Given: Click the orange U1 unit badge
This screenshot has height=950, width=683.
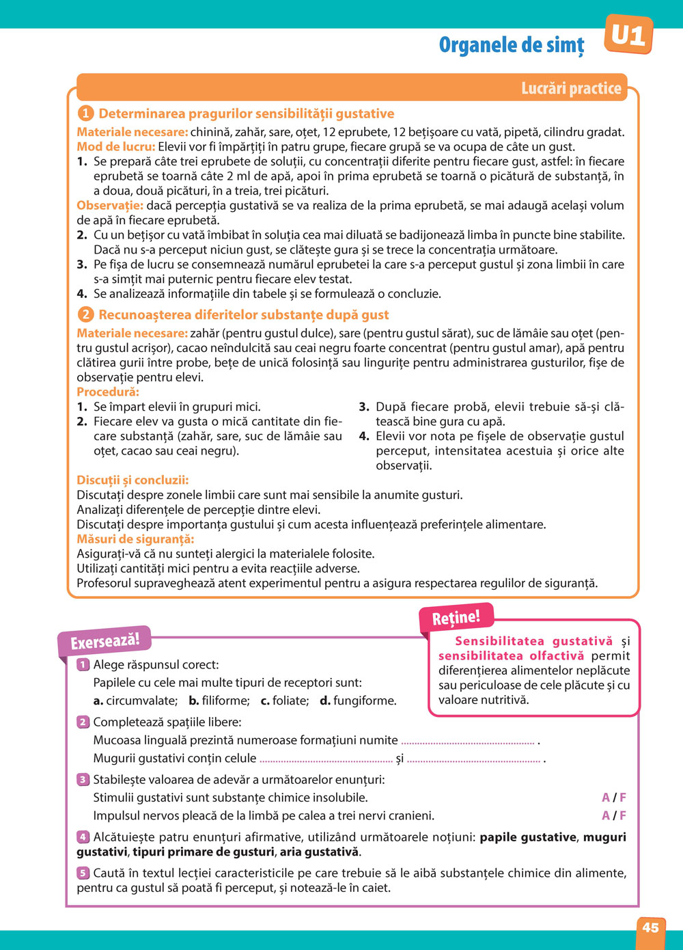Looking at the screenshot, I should (x=628, y=35).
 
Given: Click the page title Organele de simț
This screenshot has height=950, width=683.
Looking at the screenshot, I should (x=512, y=45).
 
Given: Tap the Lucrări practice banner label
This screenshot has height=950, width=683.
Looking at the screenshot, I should (x=571, y=88).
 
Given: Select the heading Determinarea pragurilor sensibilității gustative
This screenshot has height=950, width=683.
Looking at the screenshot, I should (x=246, y=113).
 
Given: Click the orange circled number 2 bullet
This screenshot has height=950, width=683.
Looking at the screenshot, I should (x=85, y=314).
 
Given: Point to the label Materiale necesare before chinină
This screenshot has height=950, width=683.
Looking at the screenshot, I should (x=132, y=132).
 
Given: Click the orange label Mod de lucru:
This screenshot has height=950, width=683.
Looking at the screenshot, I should (x=116, y=147).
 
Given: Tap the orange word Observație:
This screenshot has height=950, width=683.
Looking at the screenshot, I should (x=110, y=206).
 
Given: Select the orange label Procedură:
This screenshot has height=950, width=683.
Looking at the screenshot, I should (x=108, y=392).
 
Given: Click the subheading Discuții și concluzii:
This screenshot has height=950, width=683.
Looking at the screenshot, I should (x=133, y=480).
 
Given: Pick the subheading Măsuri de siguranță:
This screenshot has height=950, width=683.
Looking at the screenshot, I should (x=135, y=539).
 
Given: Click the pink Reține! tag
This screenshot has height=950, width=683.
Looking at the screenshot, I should (x=456, y=618).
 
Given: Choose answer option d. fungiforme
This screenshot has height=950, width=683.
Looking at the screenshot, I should (x=358, y=701).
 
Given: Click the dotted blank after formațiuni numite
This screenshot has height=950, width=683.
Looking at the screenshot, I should (x=467, y=741).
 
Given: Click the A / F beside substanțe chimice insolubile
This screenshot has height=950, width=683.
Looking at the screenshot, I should (x=613, y=798).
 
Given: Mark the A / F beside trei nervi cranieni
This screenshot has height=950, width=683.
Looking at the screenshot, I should (x=613, y=815).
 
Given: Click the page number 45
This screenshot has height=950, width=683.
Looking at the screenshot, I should (x=650, y=927).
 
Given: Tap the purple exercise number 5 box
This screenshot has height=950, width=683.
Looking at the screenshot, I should (x=83, y=873).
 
